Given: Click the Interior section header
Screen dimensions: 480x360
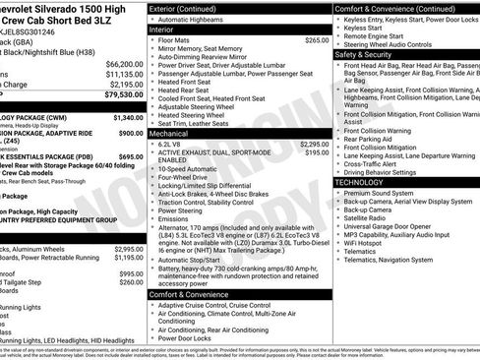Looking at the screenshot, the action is (168, 30).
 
